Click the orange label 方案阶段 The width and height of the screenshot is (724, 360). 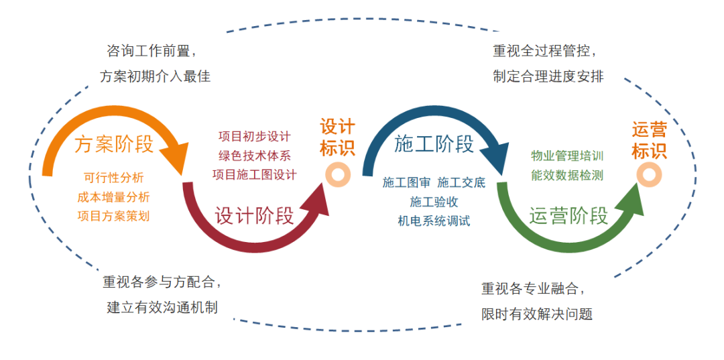pos(113,145)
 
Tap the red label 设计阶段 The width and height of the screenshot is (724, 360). pos(255,216)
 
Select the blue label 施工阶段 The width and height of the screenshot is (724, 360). pos(434,144)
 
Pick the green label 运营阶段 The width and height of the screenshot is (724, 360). pos(568,216)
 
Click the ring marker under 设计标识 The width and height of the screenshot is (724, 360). pos(337,176)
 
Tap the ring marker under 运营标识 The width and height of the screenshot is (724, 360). pos(649,176)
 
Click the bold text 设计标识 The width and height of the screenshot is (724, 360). pos(337,137)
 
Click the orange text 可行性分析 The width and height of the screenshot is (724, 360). pos(113,177)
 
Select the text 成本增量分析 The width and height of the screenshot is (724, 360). pos(113,196)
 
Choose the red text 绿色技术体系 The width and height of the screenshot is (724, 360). pos(255,156)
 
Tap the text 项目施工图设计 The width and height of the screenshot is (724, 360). pos(255,174)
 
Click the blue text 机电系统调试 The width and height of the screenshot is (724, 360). pos(434,221)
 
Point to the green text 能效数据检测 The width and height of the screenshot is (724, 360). pos(568,175)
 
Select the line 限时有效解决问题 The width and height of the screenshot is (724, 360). pos(536,314)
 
